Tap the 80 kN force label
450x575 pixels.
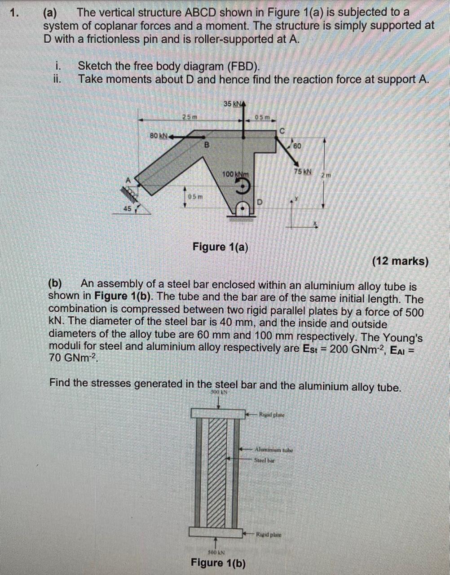click(x=158, y=135)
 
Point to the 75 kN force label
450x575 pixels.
click(x=302, y=172)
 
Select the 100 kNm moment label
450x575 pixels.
click(x=235, y=174)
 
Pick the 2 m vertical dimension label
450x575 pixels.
click(x=326, y=175)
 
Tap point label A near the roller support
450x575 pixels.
click(x=128, y=180)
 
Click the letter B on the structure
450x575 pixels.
click(x=207, y=145)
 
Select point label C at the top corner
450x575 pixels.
click(x=282, y=131)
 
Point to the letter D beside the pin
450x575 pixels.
click(x=259, y=202)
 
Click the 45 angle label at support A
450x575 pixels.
click(x=127, y=208)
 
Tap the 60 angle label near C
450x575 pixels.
click(x=297, y=146)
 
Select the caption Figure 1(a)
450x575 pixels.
click(x=220, y=247)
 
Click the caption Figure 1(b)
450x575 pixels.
click(x=218, y=562)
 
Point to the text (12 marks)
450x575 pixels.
click(x=400, y=261)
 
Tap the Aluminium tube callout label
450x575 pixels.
click(x=274, y=449)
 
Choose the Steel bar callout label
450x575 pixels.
click(x=264, y=460)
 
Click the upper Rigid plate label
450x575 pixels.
click(x=271, y=415)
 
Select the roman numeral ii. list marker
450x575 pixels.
click(x=57, y=79)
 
